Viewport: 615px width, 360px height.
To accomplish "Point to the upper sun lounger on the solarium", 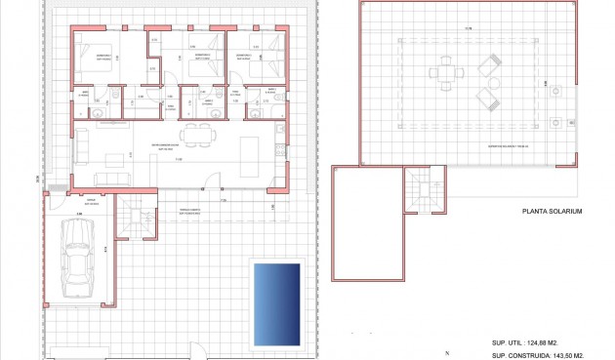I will pyautogui.click(x=489, y=66).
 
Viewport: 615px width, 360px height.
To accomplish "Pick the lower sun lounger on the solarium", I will pyautogui.click(x=485, y=98).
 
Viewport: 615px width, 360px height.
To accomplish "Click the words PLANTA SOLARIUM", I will pyautogui.click(x=553, y=212).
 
